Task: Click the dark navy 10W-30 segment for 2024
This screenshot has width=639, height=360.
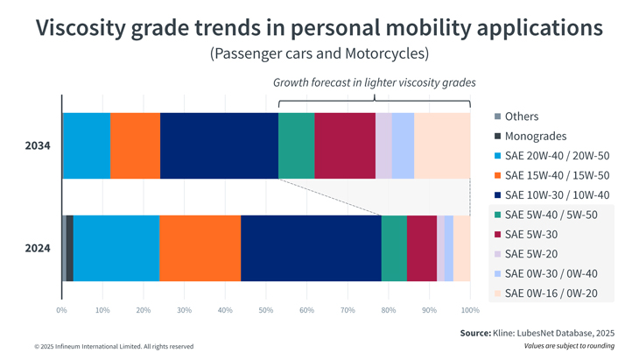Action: (311, 248)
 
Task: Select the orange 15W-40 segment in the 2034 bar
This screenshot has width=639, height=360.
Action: (135, 145)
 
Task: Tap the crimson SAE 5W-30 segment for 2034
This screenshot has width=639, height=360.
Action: (344, 145)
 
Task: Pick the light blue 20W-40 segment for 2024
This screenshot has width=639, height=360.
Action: (116, 248)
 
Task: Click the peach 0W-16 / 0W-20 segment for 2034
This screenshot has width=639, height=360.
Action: (442, 145)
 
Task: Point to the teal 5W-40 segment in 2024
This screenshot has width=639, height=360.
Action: (394, 248)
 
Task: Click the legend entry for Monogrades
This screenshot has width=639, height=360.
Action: (536, 136)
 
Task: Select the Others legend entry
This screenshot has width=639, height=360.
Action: (522, 116)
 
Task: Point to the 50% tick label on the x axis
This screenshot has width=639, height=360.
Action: (266, 310)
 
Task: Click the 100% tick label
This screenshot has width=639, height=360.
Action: (470, 310)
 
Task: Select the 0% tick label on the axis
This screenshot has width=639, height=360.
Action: (61, 310)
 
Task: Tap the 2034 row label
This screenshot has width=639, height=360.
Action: (38, 145)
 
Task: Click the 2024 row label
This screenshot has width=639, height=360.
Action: (38, 248)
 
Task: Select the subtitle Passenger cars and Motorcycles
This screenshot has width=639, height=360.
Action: (319, 53)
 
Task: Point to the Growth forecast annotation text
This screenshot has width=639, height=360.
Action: (374, 82)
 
